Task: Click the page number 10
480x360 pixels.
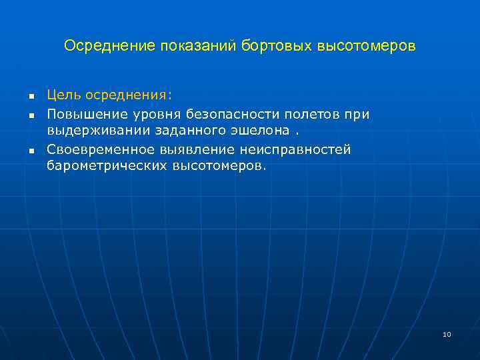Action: [x=447, y=334]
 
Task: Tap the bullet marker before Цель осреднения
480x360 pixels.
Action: [x=31, y=98]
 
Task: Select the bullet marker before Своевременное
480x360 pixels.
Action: [x=31, y=150]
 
